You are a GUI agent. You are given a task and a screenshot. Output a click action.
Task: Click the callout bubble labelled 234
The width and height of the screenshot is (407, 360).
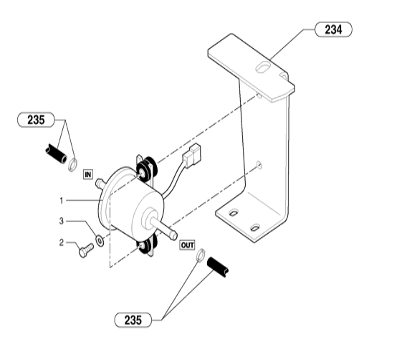click(333, 29)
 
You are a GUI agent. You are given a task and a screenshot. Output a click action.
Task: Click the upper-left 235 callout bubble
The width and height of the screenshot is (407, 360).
click(36, 120)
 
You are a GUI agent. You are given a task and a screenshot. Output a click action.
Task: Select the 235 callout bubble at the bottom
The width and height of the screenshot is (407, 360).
click(133, 320)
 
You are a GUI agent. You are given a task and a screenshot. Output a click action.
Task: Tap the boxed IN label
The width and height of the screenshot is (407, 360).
click(88, 174)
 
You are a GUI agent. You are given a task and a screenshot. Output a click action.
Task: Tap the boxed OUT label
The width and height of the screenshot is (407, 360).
click(187, 245)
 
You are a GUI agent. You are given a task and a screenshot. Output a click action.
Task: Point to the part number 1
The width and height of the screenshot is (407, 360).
click(61, 201)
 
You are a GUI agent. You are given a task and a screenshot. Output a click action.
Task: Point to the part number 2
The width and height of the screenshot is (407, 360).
click(61, 242)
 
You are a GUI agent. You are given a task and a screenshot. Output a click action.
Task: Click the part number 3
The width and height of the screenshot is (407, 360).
click(61, 221)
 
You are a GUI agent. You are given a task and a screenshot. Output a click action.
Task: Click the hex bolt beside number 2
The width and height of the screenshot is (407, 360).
click(86, 250)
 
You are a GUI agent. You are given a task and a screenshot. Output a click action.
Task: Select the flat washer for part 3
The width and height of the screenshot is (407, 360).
click(100, 240)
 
